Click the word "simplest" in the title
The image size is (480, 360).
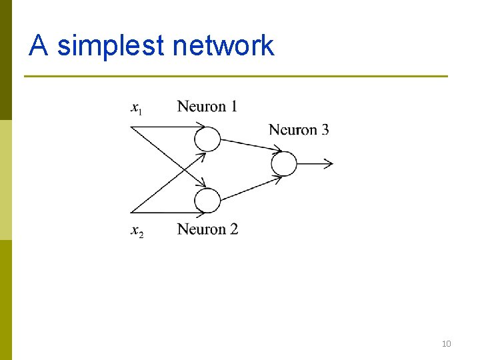(111, 45)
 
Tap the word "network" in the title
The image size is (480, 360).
(223, 45)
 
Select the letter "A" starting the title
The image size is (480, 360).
(39, 45)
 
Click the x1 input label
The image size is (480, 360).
(135, 107)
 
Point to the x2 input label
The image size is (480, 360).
(137, 231)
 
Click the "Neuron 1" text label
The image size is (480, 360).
(207, 106)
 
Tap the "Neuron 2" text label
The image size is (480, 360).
(207, 229)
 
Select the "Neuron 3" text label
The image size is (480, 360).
(299, 129)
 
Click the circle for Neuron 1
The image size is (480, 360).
(207, 139)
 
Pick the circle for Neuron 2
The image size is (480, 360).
(207, 201)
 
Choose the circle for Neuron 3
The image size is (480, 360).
(284, 163)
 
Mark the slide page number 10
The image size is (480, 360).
(446, 344)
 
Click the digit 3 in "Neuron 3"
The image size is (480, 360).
(325, 129)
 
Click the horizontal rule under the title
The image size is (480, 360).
(236, 76)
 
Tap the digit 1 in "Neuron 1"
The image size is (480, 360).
(233, 106)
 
